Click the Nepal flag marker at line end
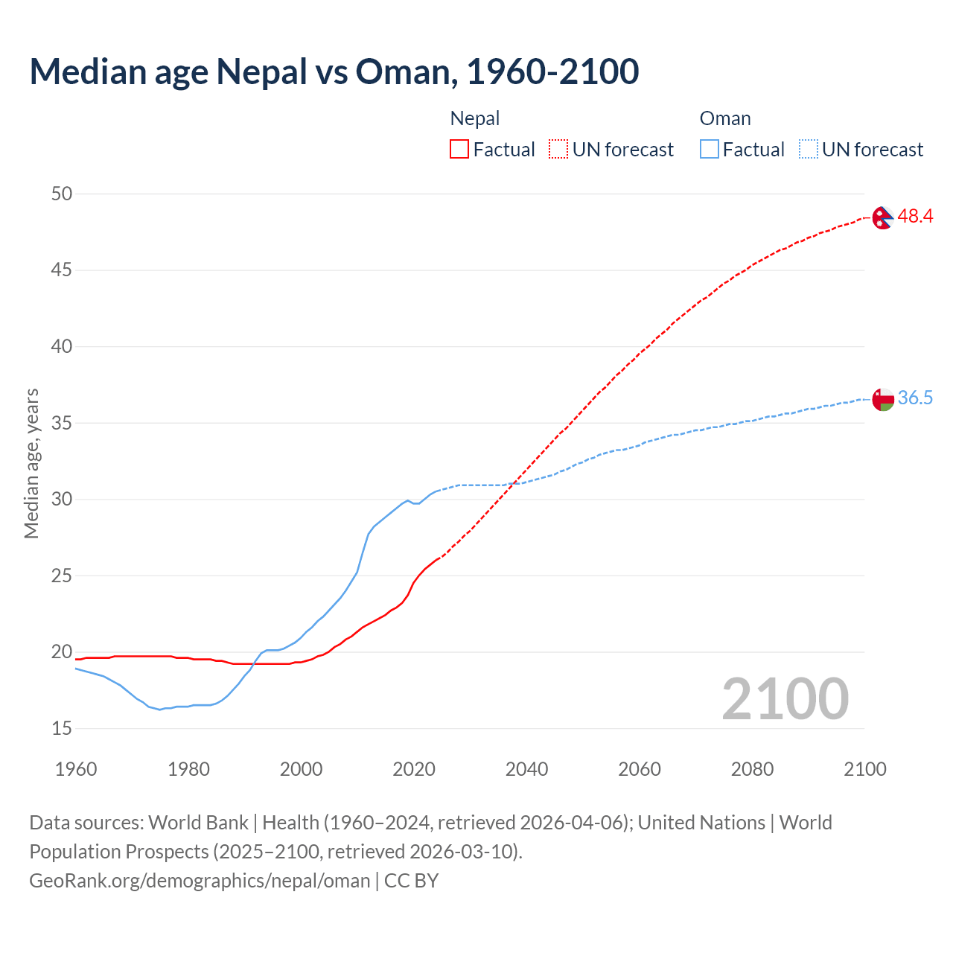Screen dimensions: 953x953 pyautogui.click(x=882, y=217)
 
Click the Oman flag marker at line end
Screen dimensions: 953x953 pyautogui.click(x=882, y=399)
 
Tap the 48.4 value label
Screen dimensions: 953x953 pyautogui.click(x=915, y=217)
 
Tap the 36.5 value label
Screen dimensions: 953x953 pyautogui.click(x=915, y=398)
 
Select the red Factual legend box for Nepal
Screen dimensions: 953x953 pyautogui.click(x=459, y=150)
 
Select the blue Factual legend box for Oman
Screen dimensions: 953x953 pyautogui.click(x=710, y=150)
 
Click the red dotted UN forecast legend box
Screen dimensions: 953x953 pyautogui.click(x=558, y=150)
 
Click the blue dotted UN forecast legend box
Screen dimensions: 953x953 pyautogui.click(x=809, y=150)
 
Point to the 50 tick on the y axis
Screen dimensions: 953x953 pyautogui.click(x=62, y=194)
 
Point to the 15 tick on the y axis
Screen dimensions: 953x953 pyautogui.click(x=62, y=728)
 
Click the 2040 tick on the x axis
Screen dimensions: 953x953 pyautogui.click(x=526, y=769)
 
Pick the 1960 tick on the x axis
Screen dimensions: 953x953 pyautogui.click(x=76, y=769)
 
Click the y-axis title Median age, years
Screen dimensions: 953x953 pyautogui.click(x=31, y=463)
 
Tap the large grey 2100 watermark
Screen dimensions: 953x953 pyautogui.click(x=785, y=698)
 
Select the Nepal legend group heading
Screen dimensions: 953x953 pyautogui.click(x=475, y=118)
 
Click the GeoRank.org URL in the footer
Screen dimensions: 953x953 pyautogui.click(x=200, y=881)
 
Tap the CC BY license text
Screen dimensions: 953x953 pyautogui.click(x=412, y=881)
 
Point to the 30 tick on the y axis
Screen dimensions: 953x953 pyautogui.click(x=62, y=499)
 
